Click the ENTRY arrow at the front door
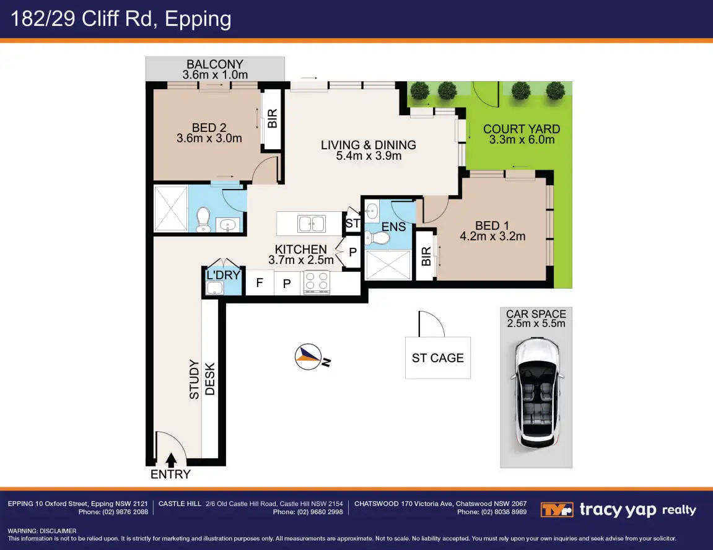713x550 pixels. click(x=171, y=460)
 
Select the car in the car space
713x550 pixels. click(x=536, y=394)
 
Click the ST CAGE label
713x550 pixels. click(x=438, y=358)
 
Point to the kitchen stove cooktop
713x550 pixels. click(x=317, y=282)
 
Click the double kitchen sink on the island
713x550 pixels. click(x=312, y=224)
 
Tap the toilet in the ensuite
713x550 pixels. click(x=377, y=237)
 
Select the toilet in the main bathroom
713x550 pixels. click(x=203, y=219)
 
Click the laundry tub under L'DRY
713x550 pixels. click(x=214, y=288)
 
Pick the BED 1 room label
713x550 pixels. click(x=492, y=225)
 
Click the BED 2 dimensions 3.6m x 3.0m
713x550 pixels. click(x=209, y=138)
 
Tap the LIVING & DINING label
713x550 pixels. click(x=369, y=145)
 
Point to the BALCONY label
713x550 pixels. click(x=214, y=64)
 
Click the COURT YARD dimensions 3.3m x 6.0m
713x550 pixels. click(x=522, y=139)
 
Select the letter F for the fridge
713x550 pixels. click(x=259, y=282)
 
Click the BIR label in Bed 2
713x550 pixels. click(x=272, y=119)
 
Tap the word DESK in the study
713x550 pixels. click(x=209, y=378)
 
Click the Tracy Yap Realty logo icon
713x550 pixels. click(x=556, y=510)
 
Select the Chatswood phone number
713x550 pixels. click(x=492, y=512)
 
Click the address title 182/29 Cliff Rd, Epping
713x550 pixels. click(x=121, y=19)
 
